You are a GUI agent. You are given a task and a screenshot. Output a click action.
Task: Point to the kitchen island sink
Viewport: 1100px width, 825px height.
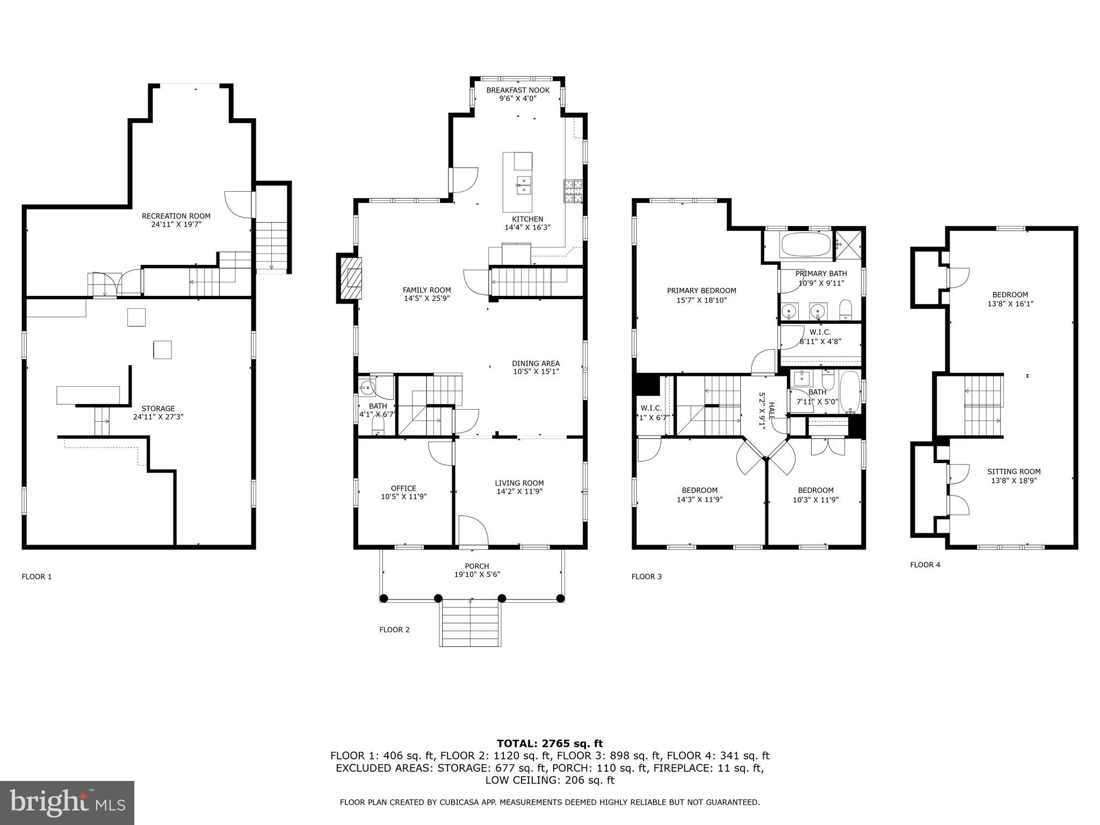pyautogui.click(x=523, y=184)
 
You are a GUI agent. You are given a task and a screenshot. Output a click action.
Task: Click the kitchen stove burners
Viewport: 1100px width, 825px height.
pyautogui.click(x=573, y=191)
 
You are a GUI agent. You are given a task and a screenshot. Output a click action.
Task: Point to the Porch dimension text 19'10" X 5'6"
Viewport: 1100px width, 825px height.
pyautogui.click(x=477, y=575)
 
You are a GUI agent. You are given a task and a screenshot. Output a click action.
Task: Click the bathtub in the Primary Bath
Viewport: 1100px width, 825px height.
pyautogui.click(x=805, y=245)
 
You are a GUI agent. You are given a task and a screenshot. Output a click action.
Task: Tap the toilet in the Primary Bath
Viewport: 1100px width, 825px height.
pyautogui.click(x=845, y=309)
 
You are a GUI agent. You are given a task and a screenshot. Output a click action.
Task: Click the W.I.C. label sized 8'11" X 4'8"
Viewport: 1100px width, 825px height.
pyautogui.click(x=820, y=337)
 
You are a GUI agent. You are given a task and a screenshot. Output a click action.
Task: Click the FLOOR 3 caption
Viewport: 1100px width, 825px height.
pyautogui.click(x=646, y=577)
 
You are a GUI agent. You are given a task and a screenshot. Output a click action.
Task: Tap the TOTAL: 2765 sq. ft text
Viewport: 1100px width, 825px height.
pyautogui.click(x=549, y=744)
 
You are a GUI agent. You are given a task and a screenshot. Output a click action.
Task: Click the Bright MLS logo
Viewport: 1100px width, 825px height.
pyautogui.click(x=67, y=803)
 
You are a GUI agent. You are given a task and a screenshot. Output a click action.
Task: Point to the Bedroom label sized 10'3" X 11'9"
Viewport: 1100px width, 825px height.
pyautogui.click(x=815, y=495)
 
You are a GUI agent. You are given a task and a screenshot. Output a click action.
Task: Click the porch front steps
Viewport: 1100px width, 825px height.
pyautogui.click(x=471, y=623)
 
